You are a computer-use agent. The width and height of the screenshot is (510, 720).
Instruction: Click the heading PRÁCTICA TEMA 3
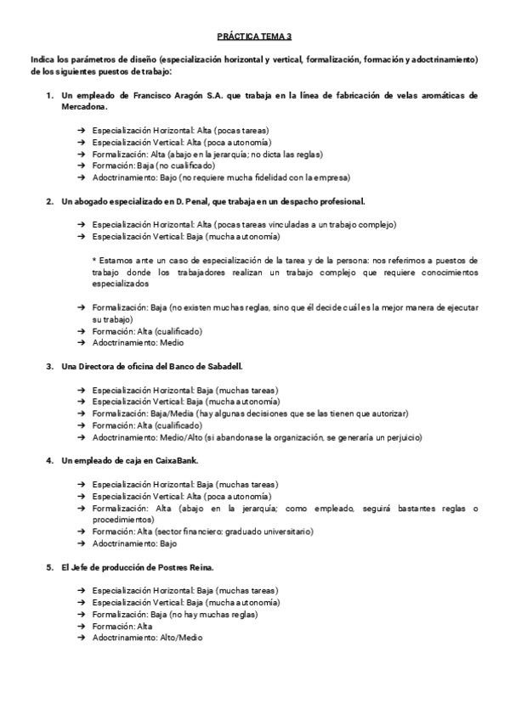click(254, 37)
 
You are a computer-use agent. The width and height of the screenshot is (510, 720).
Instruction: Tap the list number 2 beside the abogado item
click(48, 201)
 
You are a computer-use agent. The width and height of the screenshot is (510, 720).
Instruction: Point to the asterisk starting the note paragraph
click(94, 260)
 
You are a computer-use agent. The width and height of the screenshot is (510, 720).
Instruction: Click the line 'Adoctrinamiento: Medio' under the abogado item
click(138, 343)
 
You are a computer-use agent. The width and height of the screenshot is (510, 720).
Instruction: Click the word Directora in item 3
click(102, 366)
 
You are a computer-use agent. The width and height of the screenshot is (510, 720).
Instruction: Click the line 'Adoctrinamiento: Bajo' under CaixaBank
click(134, 543)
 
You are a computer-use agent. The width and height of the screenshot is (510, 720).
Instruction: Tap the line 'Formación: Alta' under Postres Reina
click(122, 626)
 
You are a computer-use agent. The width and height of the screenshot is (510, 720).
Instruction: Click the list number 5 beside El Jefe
click(48, 566)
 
